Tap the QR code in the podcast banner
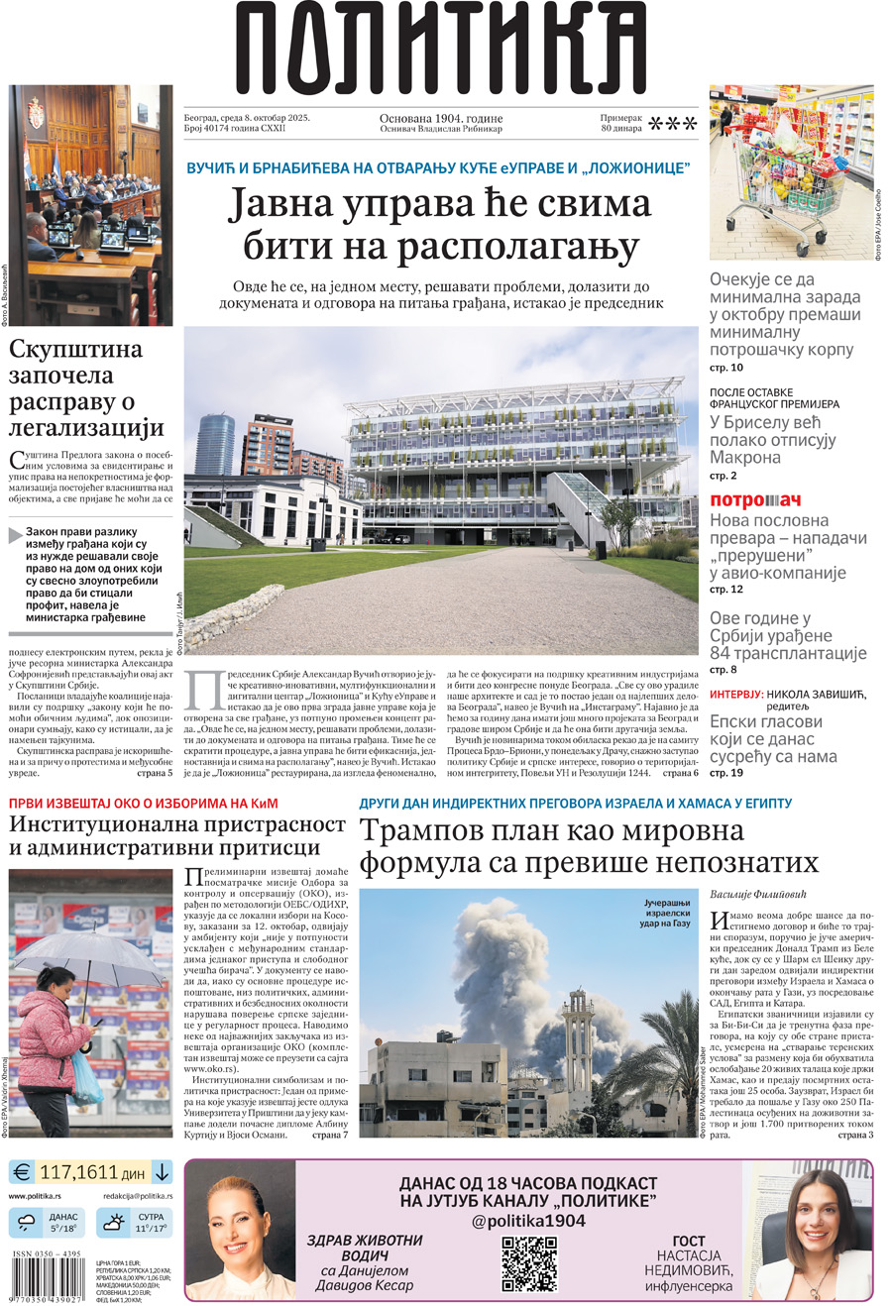528,1263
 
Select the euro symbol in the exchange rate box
22,1172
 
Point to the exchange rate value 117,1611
92,1172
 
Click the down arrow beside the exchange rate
162,1172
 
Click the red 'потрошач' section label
754,499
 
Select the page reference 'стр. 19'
726,773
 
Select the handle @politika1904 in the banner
527,1221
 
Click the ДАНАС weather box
49,1223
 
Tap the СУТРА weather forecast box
134,1223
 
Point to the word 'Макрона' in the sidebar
744,458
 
